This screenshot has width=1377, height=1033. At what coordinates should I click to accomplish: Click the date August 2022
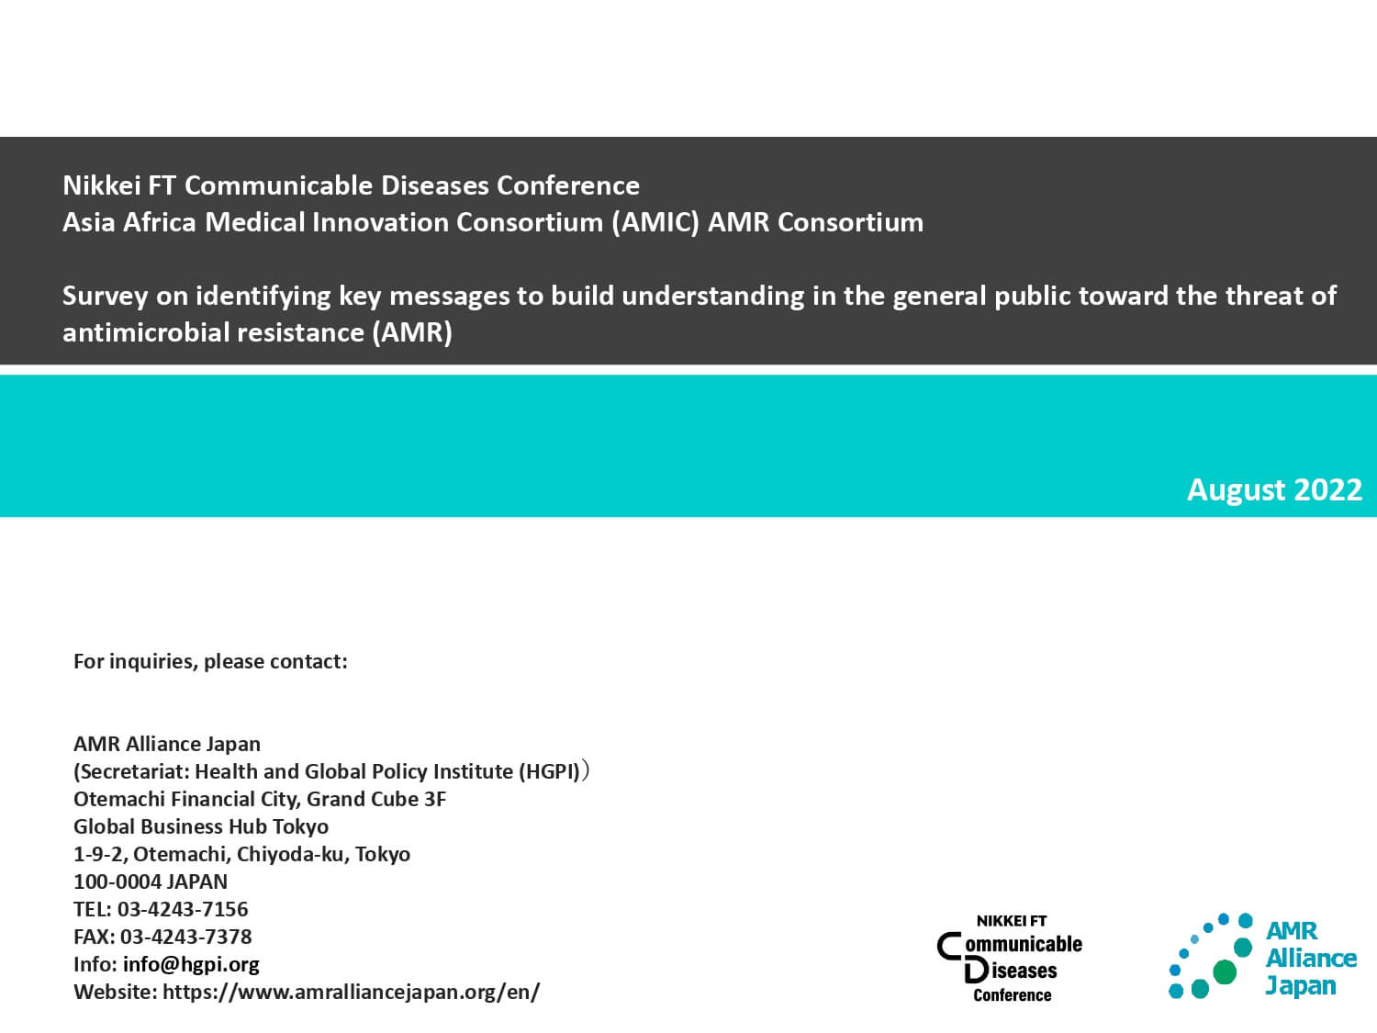click(x=1274, y=489)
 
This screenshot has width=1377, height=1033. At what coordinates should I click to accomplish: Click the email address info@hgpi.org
click(x=191, y=964)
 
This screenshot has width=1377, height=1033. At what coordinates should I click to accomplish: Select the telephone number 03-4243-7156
click(x=183, y=909)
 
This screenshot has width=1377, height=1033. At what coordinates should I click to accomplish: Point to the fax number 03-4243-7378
click(x=185, y=937)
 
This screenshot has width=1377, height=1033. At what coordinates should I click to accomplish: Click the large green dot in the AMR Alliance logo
click(x=1224, y=971)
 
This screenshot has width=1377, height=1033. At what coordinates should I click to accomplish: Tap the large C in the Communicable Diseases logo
click(x=950, y=946)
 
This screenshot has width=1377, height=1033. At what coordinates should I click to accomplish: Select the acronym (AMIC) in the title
click(x=655, y=222)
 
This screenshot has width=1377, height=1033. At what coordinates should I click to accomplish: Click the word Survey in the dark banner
click(x=105, y=296)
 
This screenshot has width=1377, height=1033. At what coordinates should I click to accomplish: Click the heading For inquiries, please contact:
click(x=210, y=661)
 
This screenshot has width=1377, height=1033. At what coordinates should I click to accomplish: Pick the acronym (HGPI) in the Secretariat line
click(x=549, y=771)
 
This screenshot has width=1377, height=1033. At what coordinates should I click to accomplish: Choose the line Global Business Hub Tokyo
click(x=201, y=826)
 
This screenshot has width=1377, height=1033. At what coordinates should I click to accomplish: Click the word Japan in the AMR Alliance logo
click(x=1301, y=986)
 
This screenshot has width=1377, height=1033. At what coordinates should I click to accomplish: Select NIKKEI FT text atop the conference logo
click(x=1012, y=921)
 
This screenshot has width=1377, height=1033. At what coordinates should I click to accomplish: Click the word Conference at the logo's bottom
click(x=1012, y=995)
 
